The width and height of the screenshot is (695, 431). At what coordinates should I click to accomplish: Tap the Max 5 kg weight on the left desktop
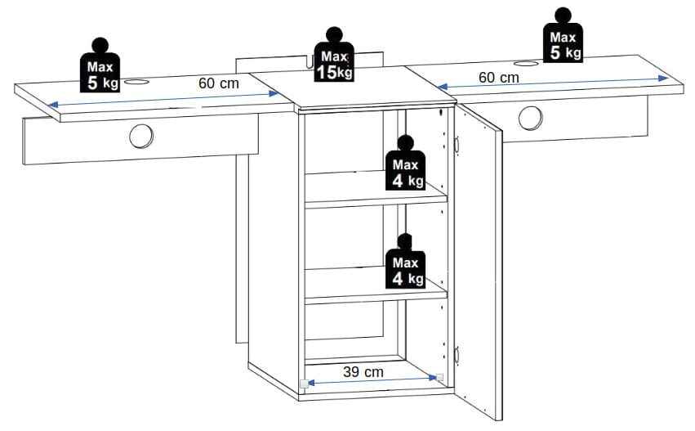tap(100, 65)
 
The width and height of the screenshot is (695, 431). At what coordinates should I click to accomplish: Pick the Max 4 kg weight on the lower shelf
tap(405, 261)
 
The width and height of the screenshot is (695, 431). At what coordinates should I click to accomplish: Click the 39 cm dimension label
tap(363, 371)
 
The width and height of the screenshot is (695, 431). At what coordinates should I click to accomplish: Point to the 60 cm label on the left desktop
tap(219, 83)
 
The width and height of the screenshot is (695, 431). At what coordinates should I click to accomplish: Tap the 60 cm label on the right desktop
tap(499, 77)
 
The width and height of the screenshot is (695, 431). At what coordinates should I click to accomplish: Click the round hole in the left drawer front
tap(141, 137)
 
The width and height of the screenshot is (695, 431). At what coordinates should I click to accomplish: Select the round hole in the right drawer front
tap(530, 118)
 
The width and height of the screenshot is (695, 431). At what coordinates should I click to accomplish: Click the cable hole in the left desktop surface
tap(136, 82)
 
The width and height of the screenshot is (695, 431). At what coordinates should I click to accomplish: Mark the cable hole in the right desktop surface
tap(527, 64)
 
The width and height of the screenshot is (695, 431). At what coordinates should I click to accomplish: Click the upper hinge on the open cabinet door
tap(456, 144)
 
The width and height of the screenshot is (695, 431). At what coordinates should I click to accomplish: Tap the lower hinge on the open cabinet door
tap(456, 355)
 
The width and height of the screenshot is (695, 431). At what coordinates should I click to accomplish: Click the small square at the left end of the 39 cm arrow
tap(304, 384)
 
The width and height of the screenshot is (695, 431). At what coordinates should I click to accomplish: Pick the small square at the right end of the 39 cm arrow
tap(439, 377)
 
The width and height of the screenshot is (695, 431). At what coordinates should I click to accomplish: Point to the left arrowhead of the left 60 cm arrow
tap(53, 105)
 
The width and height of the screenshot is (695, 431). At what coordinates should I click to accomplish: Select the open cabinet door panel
tap(479, 262)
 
